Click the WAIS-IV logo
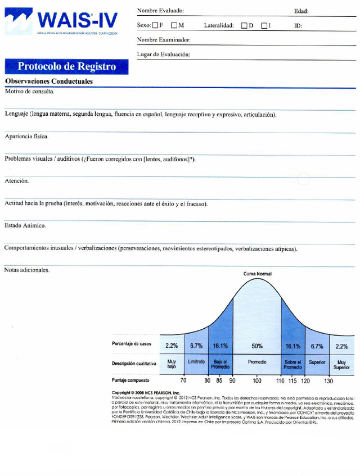(62, 21)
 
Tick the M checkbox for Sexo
(174, 26)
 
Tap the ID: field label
(298, 26)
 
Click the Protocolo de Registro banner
(66, 66)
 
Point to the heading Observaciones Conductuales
(49, 81)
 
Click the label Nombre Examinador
(164, 40)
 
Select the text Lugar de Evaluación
(163, 54)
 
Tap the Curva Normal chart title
(257, 274)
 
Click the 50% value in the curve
(256, 346)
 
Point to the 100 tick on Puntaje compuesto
(256, 381)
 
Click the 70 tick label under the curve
(183, 381)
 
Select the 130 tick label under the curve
(328, 381)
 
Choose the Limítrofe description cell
(196, 362)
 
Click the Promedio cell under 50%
(256, 362)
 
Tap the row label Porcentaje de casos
(132, 344)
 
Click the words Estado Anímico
(25, 226)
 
